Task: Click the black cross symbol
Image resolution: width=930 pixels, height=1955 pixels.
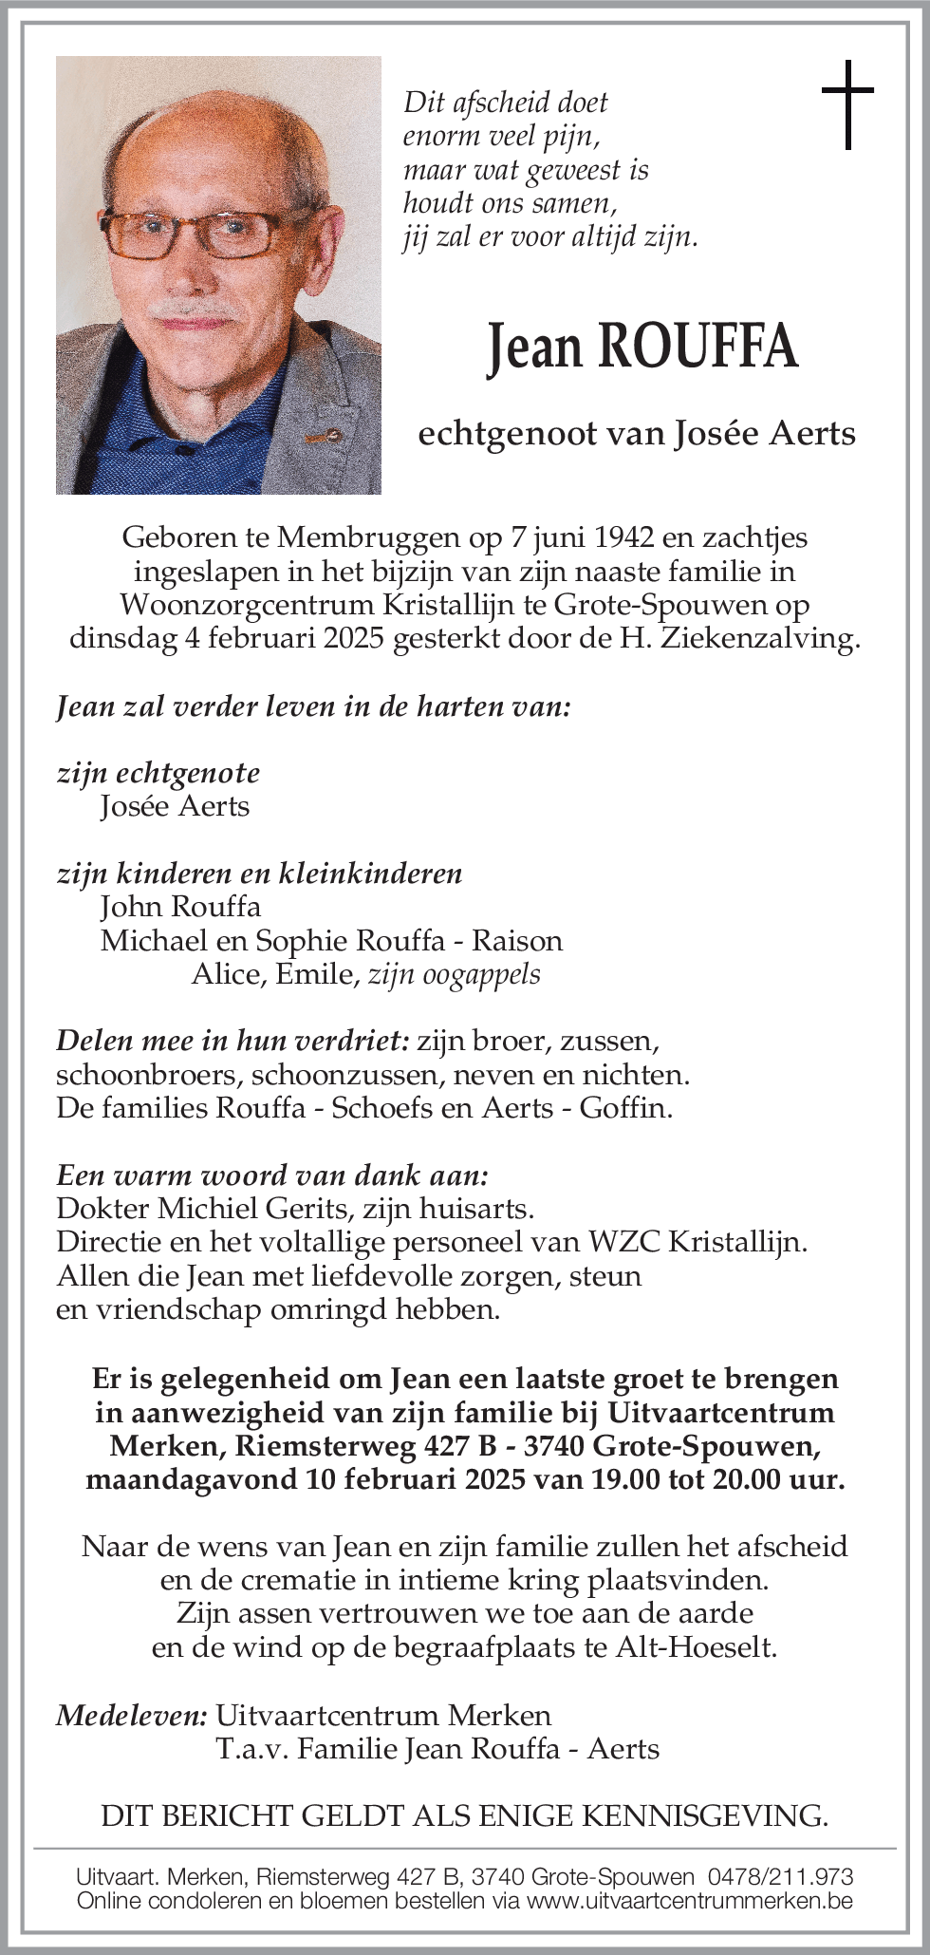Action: [x=846, y=104]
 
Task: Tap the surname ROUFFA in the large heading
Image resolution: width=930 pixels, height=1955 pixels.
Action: [x=697, y=347]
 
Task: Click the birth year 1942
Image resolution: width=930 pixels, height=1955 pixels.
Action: [x=623, y=537]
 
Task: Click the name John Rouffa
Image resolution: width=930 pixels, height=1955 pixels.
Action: [x=180, y=907]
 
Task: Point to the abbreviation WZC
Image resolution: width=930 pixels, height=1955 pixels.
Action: [x=624, y=1242]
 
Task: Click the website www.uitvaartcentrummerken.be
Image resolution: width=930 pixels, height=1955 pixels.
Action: [x=690, y=1901]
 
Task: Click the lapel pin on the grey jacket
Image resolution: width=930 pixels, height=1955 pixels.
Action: [x=322, y=437]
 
